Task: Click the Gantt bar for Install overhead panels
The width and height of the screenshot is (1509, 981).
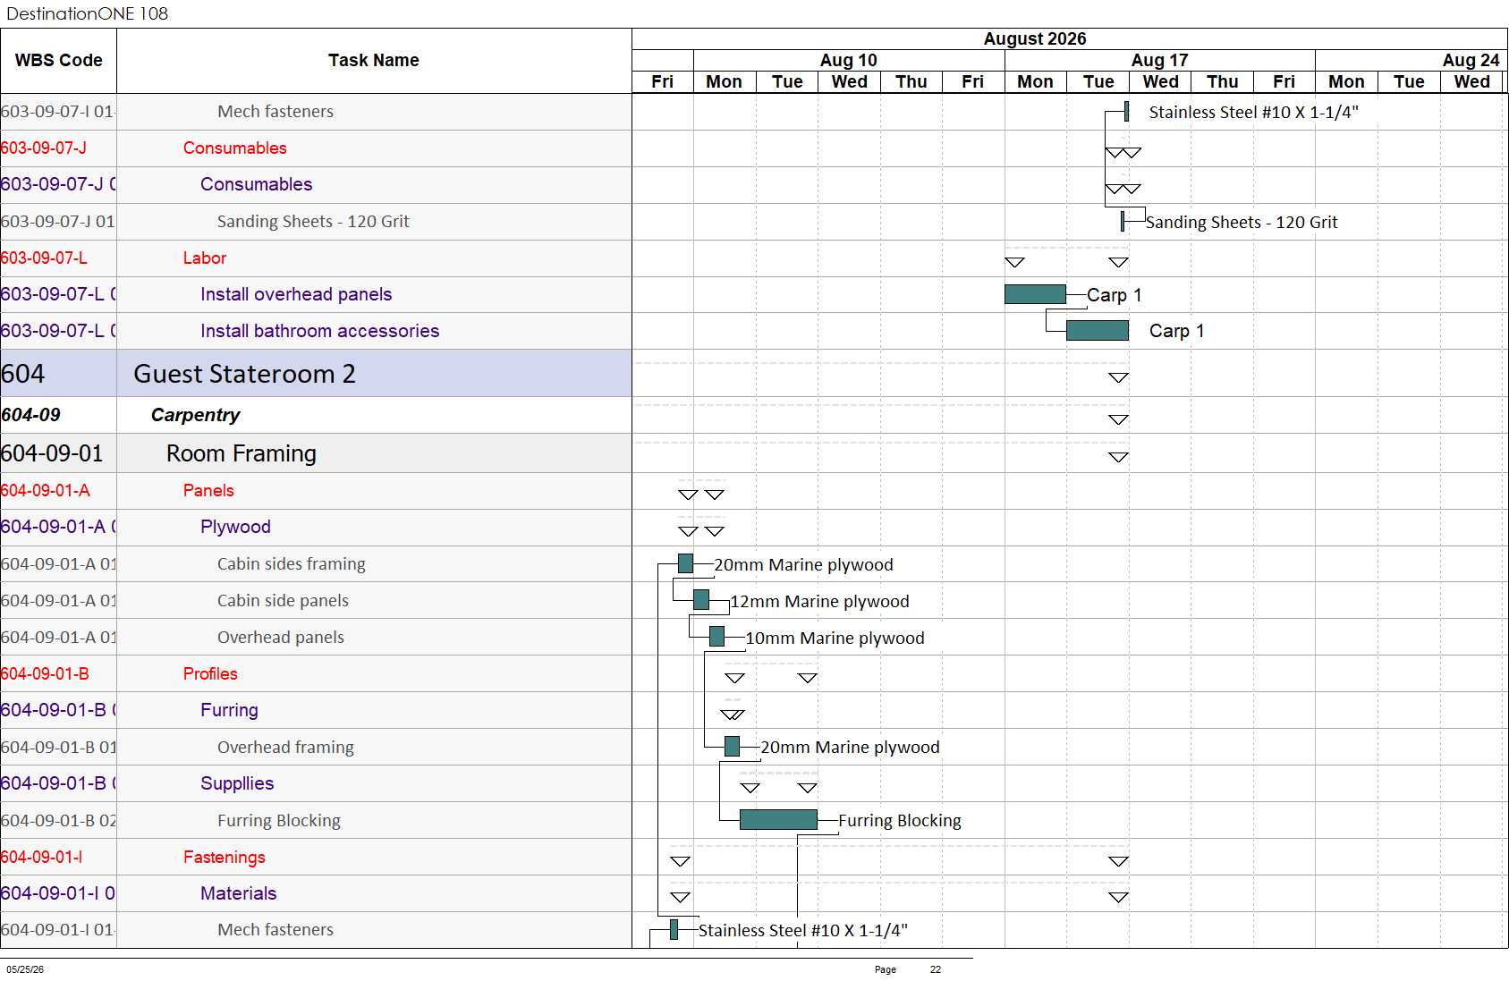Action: click(1035, 294)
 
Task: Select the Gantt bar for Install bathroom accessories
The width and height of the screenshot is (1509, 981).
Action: click(1098, 331)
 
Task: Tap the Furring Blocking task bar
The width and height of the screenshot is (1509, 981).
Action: click(778, 819)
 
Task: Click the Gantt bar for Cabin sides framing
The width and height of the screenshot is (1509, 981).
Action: click(686, 563)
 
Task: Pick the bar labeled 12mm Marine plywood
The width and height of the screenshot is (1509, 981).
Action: click(701, 600)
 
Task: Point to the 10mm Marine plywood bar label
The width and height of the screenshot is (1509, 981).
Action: click(835, 638)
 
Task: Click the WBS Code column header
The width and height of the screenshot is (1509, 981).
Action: click(59, 60)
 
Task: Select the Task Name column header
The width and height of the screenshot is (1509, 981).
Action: click(373, 60)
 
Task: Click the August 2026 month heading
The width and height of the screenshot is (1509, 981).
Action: click(1035, 38)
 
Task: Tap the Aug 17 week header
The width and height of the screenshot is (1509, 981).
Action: click(1159, 60)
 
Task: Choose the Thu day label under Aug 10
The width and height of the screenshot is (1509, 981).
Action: click(911, 81)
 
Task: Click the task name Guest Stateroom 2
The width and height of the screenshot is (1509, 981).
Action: click(244, 374)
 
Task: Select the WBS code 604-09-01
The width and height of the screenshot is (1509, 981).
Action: click(52, 453)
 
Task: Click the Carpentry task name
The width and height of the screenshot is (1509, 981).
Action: click(195, 415)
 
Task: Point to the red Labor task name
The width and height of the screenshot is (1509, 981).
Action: click(205, 258)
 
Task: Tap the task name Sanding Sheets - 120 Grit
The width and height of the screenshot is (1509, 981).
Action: click(313, 222)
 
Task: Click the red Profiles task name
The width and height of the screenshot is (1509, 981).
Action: click(210, 673)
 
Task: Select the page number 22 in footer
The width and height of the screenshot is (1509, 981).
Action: click(935, 969)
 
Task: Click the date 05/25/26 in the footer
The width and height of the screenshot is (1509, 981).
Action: click(25, 969)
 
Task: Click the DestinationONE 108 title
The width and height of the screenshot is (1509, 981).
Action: click(87, 13)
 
